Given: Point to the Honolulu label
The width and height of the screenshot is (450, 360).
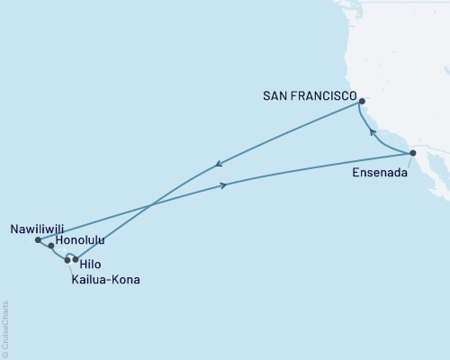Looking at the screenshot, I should click(80, 241).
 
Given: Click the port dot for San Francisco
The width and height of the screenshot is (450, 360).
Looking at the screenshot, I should click(361, 102).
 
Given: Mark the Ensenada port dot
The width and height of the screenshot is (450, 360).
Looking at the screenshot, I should click(413, 154).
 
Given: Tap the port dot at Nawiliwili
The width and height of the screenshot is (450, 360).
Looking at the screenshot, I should click(37, 240).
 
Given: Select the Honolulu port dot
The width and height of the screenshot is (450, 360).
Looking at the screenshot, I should click(51, 246).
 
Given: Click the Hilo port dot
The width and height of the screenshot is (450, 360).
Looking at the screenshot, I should click(76, 259).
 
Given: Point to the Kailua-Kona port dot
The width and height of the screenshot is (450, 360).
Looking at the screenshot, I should click(67, 260).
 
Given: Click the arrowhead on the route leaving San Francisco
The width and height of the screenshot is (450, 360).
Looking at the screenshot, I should click(219, 164).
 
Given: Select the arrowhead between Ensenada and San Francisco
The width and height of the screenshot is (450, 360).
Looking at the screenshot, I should click(372, 130).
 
